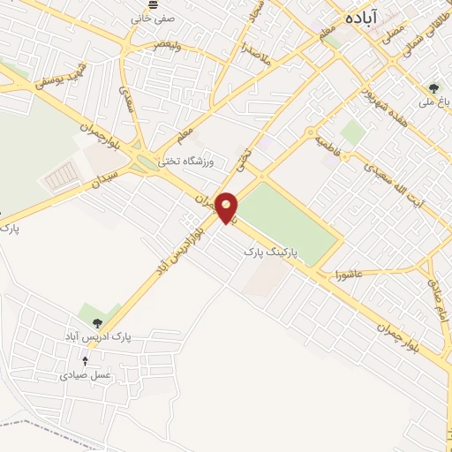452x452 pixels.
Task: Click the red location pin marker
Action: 227,207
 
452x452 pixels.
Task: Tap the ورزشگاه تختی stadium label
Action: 193,161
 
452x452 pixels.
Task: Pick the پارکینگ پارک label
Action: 272,252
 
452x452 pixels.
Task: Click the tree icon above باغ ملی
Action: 433,88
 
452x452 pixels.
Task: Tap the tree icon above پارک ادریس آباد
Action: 98,322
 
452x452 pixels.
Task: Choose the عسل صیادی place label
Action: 86,375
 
